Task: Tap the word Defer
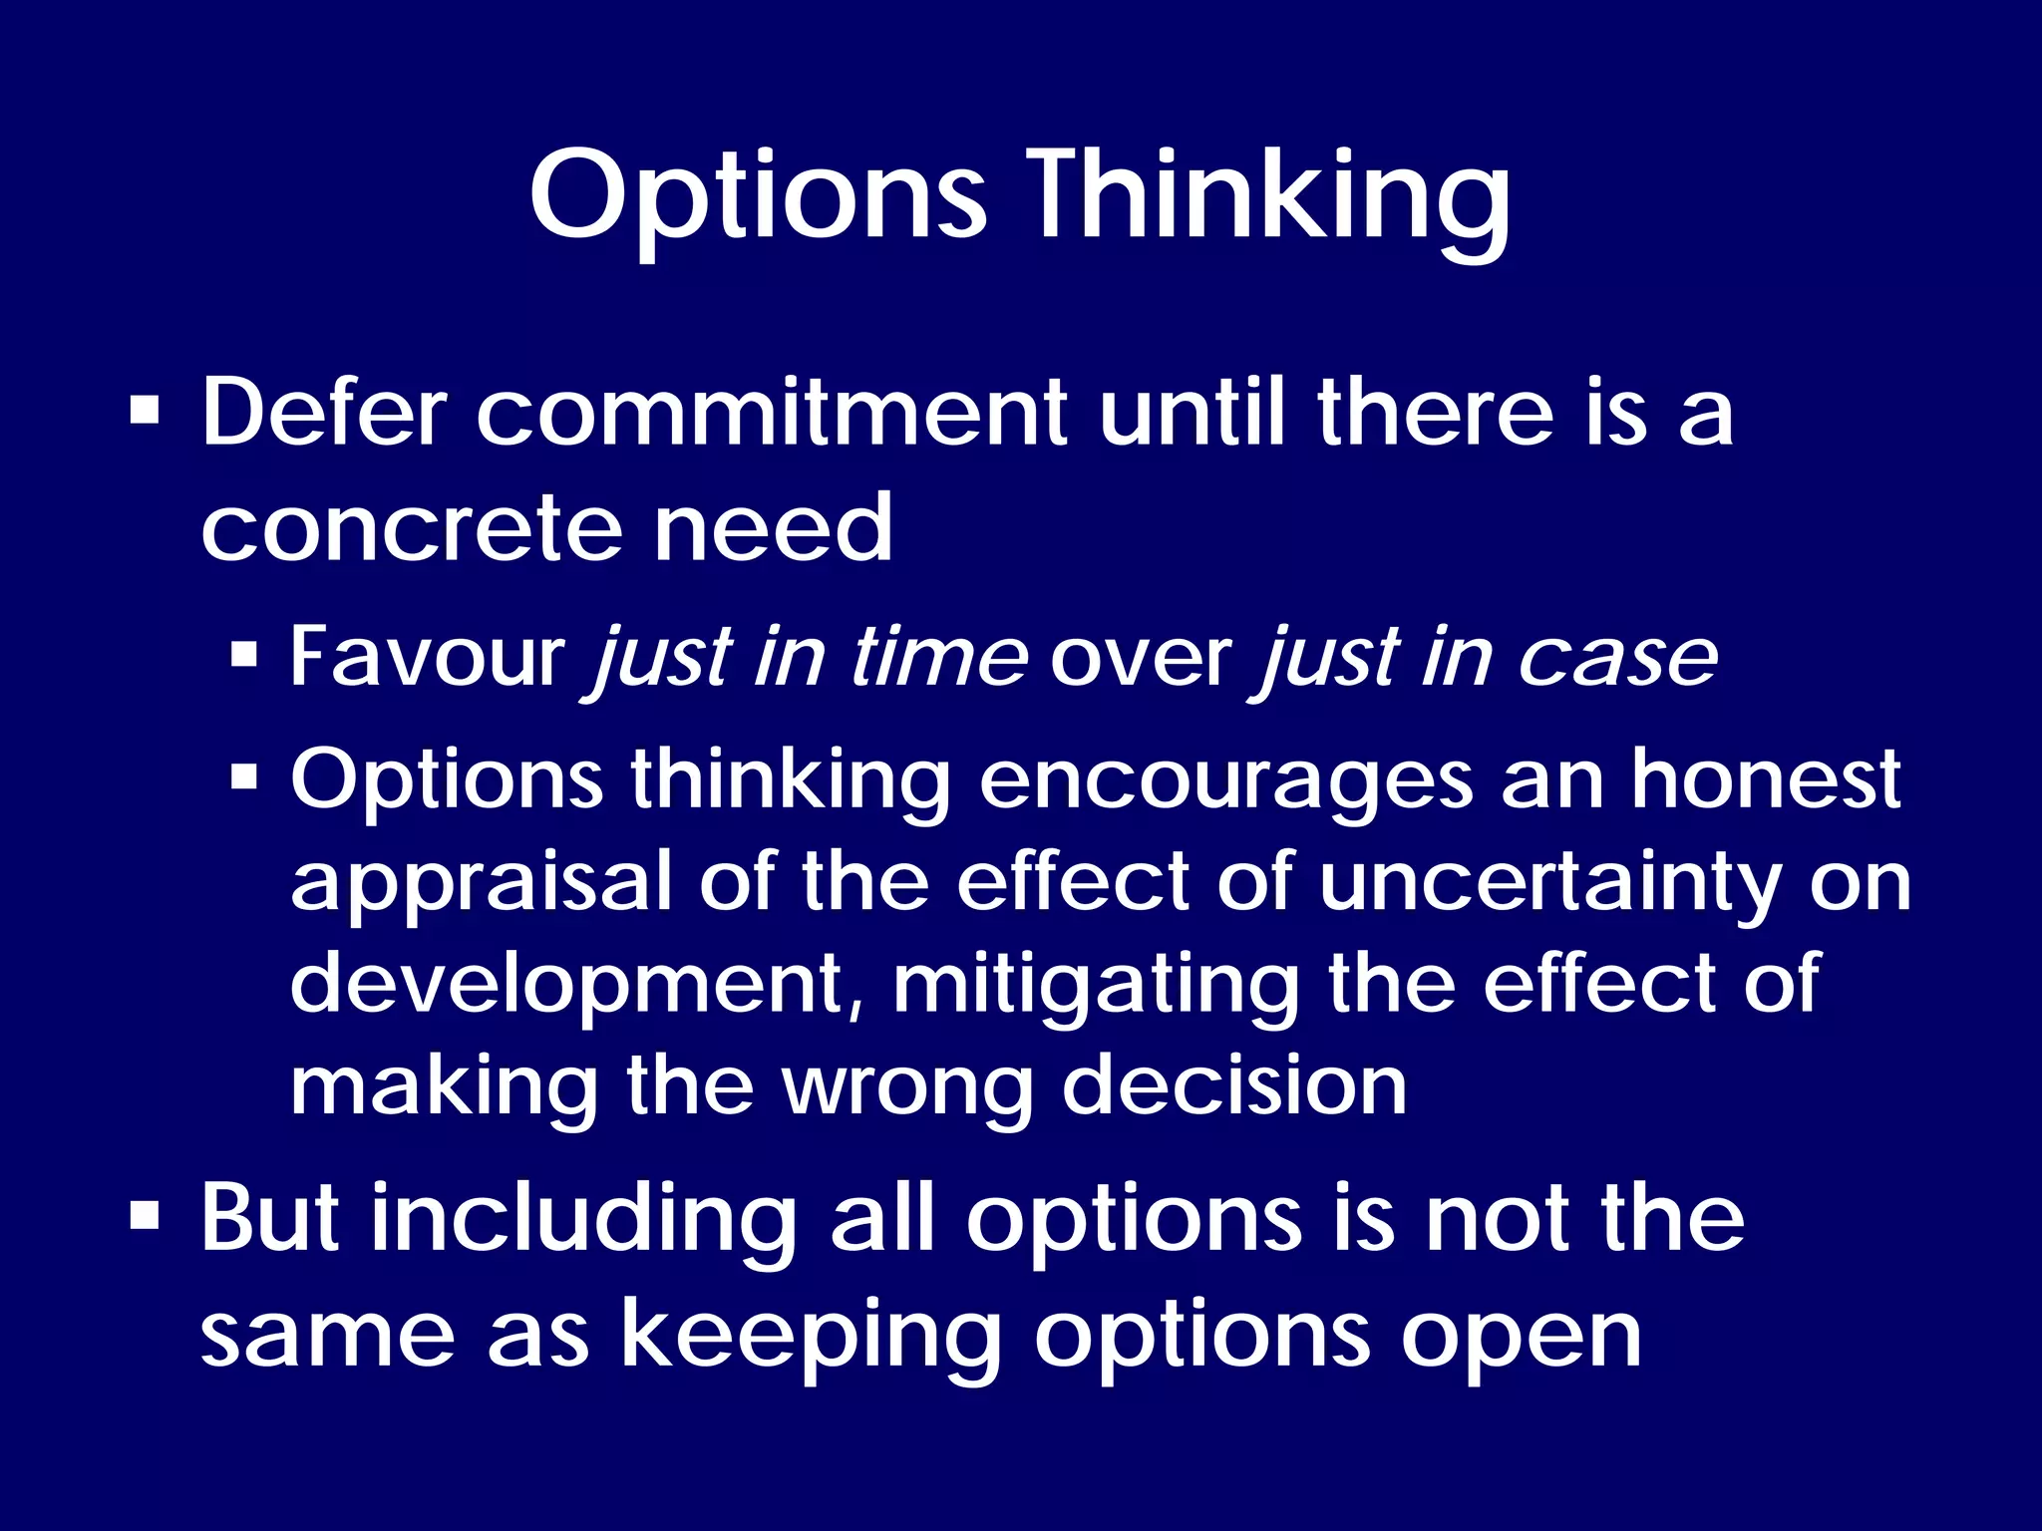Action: pos(324,414)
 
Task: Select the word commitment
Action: pos(773,414)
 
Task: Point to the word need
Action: pos(773,528)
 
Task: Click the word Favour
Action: pos(427,658)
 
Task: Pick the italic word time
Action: pos(938,658)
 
